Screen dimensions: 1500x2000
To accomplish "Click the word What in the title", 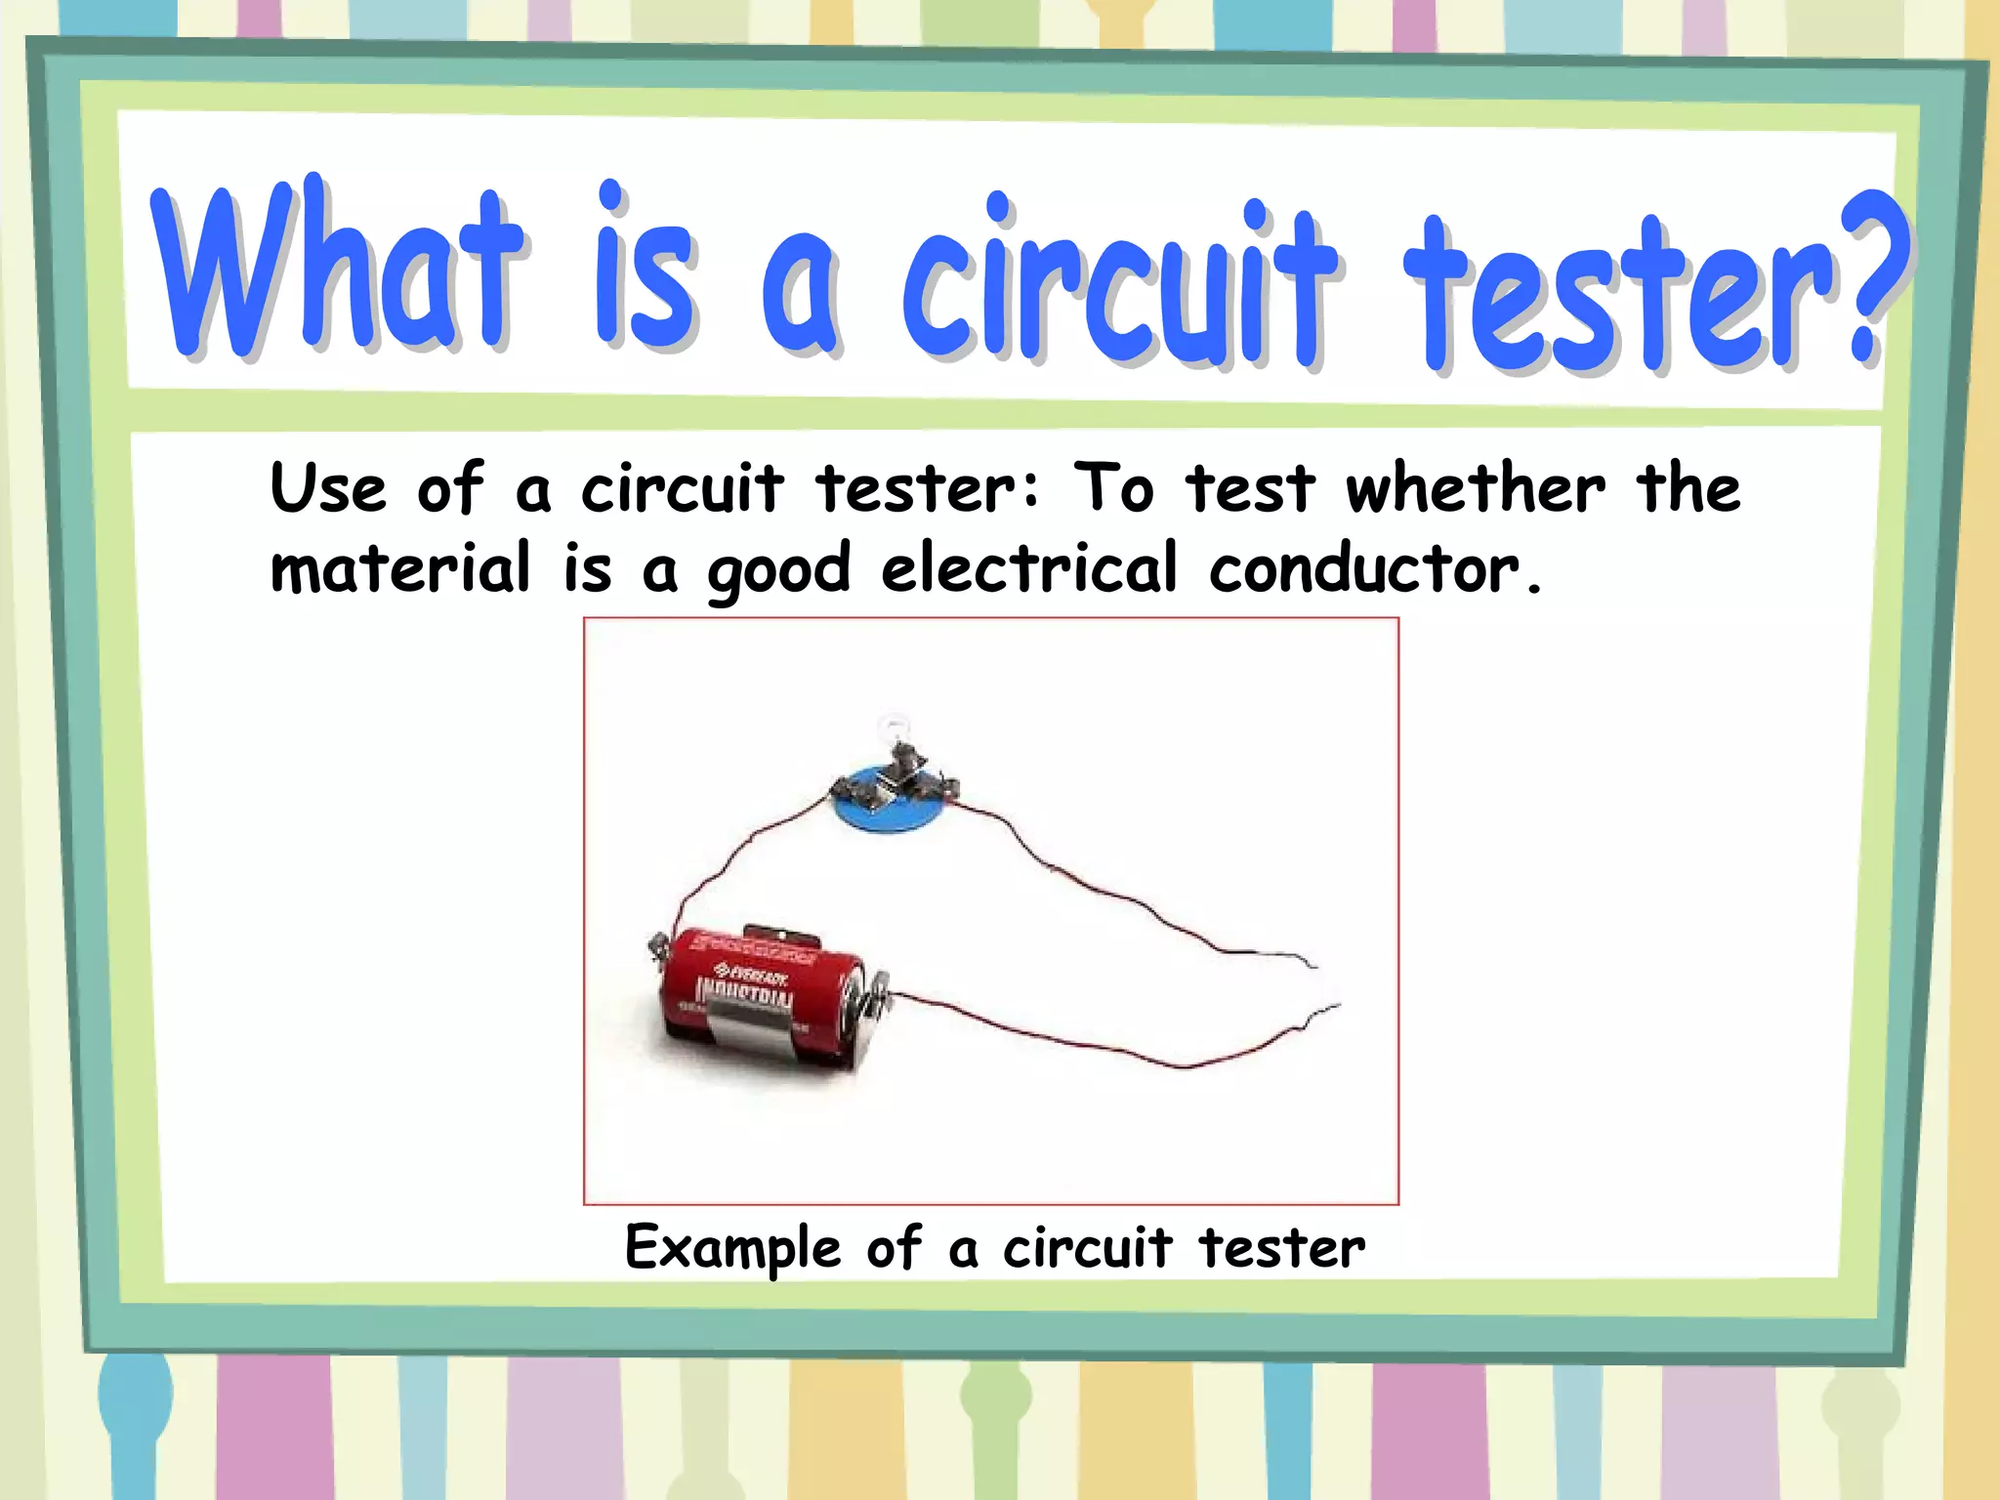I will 337,269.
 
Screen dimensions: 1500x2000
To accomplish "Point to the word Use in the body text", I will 328,487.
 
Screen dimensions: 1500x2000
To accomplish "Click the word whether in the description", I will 1475,487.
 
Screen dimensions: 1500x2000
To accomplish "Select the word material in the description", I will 400,567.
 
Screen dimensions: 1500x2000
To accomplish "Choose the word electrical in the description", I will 1028,567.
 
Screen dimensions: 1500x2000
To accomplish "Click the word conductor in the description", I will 1365,568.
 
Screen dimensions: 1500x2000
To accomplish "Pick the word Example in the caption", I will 732,1249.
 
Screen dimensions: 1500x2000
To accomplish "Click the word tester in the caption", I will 1281,1248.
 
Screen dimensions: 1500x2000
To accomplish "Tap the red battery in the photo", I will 762,996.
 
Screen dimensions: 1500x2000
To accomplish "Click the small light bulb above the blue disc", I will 892,728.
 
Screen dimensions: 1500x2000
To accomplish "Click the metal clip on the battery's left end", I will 657,945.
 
